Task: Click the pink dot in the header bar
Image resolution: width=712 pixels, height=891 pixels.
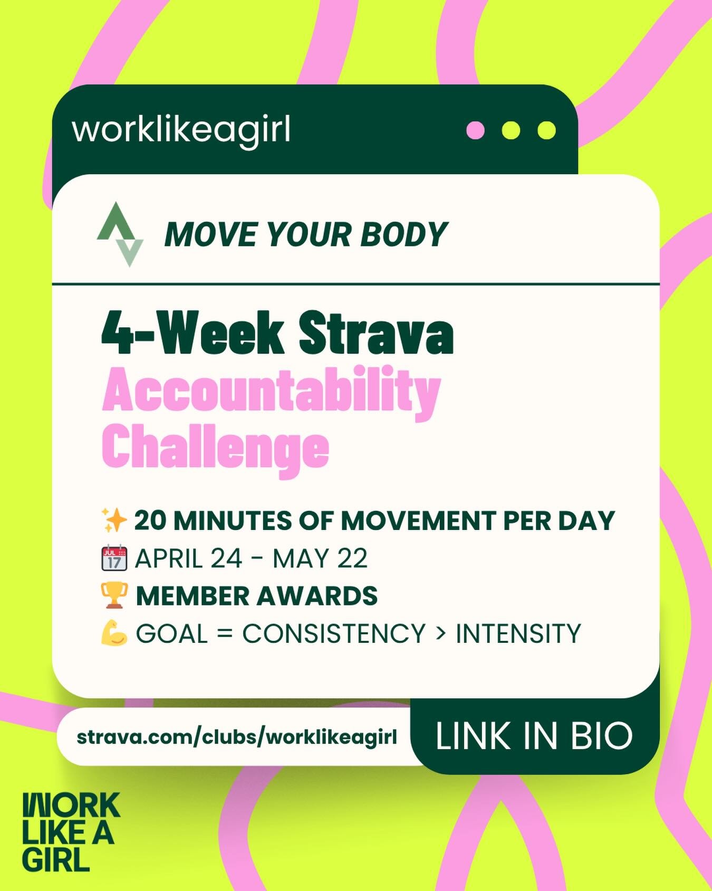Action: click(x=475, y=130)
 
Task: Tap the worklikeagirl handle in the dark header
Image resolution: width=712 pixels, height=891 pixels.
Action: click(x=181, y=130)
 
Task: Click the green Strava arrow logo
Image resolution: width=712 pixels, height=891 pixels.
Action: click(x=120, y=234)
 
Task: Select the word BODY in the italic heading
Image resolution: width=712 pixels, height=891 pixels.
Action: click(x=403, y=234)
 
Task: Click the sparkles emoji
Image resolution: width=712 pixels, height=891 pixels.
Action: click(x=114, y=520)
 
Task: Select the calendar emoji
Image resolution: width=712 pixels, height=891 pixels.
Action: click(x=114, y=558)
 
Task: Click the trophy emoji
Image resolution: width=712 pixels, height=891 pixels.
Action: click(x=114, y=596)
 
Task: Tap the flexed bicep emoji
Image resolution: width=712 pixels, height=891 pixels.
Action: click(x=114, y=633)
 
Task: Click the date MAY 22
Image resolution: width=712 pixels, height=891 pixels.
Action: click(x=320, y=558)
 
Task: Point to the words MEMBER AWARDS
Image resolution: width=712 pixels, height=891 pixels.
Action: click(x=256, y=596)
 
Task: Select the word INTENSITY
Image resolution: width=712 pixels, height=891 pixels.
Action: click(x=518, y=633)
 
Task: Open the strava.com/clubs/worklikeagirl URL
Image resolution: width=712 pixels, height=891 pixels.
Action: click(x=236, y=737)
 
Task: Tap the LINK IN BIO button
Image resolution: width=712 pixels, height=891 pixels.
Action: click(x=534, y=736)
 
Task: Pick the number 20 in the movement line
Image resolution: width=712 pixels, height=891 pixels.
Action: click(x=150, y=520)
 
